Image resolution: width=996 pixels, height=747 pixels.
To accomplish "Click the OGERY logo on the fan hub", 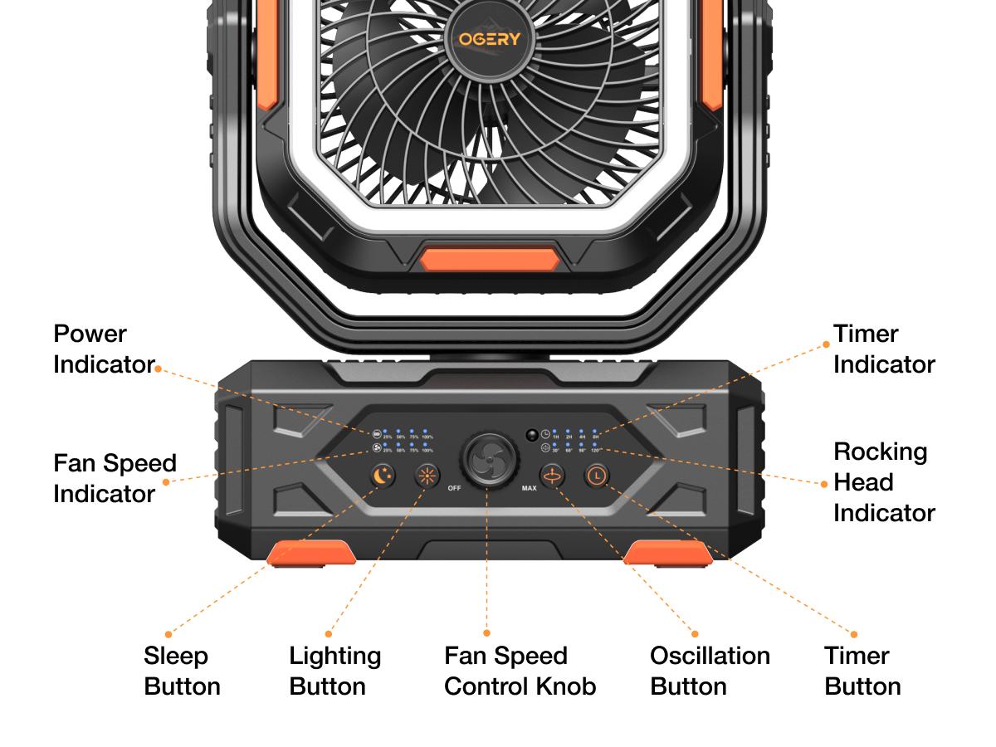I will coord(489,39).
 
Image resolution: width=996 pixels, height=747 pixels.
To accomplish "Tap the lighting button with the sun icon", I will coord(427,476).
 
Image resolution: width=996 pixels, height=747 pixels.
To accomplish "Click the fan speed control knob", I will coord(486,460).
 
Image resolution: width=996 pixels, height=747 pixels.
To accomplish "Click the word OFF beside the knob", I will coord(454,488).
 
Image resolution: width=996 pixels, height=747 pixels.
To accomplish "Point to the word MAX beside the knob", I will coord(529,488).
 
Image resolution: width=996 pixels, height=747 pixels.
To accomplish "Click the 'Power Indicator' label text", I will coord(103,349).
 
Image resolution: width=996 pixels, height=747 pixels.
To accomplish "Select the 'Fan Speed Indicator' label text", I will coord(115,478).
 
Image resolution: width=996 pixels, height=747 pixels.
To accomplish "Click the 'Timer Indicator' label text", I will coord(883,349).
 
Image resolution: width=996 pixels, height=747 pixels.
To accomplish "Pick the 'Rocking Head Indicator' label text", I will coord(883,482).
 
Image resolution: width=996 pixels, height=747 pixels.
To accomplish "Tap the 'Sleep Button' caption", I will coord(182,671).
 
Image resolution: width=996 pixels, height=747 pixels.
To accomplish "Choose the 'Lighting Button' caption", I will coord(334,671).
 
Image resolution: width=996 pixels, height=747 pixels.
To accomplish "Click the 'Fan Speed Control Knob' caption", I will coord(520,671).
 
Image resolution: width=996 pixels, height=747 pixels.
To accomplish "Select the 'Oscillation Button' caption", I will coord(710,671).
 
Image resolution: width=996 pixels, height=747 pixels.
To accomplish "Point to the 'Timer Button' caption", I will coord(862,671).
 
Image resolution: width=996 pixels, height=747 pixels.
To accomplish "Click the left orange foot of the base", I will coord(310,552).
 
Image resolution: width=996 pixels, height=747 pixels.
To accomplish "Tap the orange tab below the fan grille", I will coord(487,259).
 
